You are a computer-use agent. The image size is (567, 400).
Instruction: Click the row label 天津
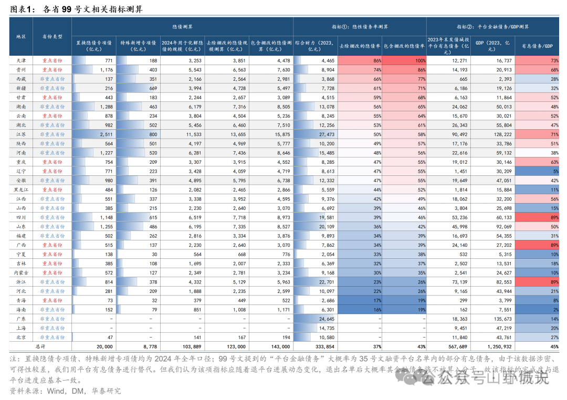coord(21,61)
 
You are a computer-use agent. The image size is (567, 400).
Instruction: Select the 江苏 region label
coord(21,134)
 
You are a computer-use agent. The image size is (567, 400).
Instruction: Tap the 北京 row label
coord(21,337)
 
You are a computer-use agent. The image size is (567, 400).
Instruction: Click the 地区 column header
coord(21,37)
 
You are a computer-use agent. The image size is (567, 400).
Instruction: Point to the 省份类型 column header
coord(52,37)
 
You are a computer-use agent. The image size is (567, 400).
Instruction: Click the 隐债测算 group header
coord(182,26)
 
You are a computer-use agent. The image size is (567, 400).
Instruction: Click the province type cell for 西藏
coord(52,79)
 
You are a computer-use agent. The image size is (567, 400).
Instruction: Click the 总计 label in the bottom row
coord(40,346)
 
